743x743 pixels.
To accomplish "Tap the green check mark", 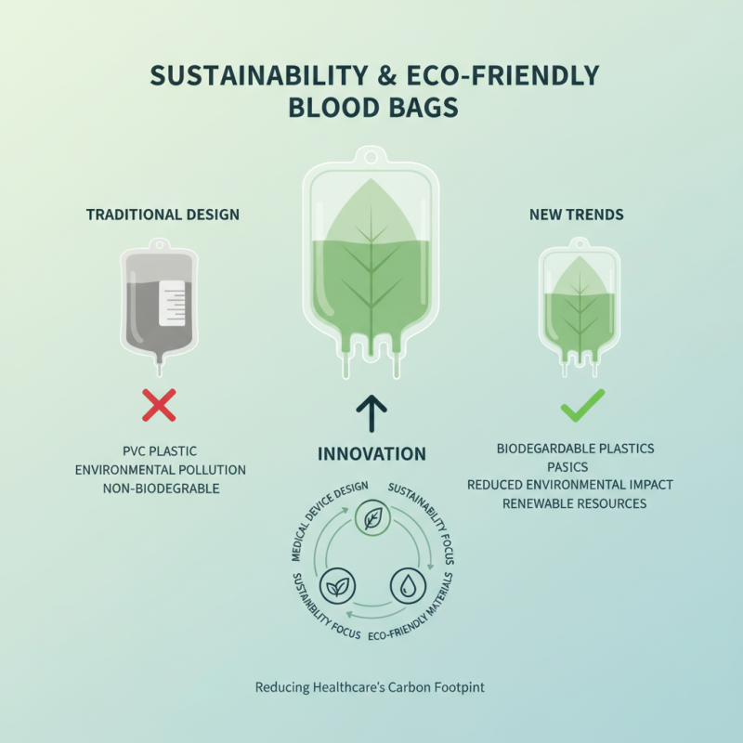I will click(582, 404).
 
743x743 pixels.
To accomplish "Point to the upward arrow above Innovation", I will click(371, 414).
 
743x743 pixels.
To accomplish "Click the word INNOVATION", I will click(371, 454).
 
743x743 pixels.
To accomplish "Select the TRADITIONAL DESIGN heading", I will click(163, 215).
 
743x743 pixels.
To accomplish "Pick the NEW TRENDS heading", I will click(576, 215).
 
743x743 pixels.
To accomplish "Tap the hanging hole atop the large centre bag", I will click(371, 154).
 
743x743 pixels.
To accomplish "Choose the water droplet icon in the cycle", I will click(410, 584).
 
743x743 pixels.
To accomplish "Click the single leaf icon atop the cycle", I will click(371, 519).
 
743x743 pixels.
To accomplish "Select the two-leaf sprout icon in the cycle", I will click(334, 585).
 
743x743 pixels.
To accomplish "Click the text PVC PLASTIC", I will click(160, 451).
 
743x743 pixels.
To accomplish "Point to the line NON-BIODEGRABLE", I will click(160, 489).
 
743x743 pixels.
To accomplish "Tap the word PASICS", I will click(575, 466).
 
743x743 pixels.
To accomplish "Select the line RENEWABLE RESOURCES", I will click(575, 503).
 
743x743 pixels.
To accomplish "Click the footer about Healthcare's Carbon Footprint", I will click(370, 688).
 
